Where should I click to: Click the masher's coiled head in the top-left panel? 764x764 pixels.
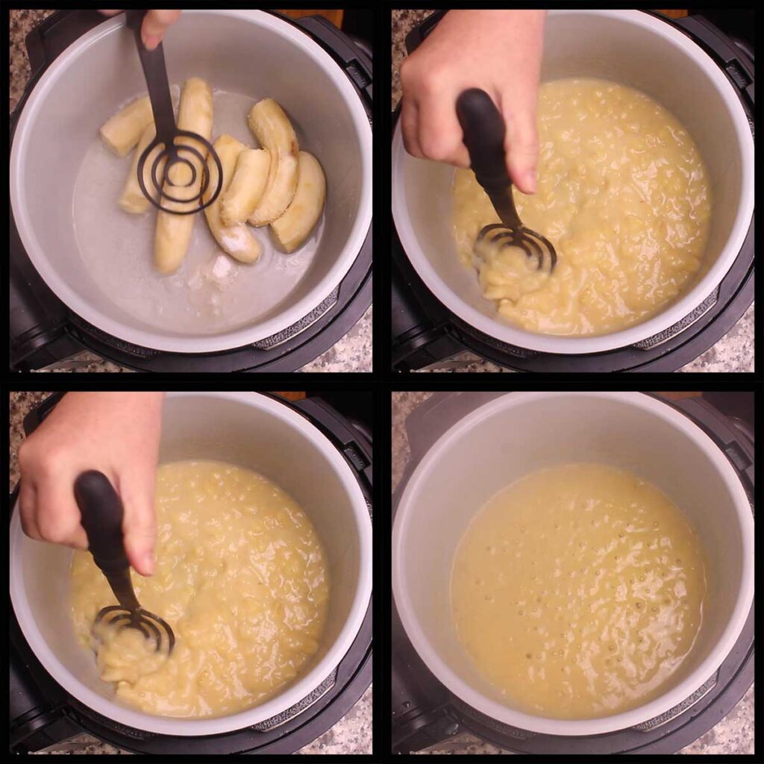point(180,172)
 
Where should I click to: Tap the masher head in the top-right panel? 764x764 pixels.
point(516,246)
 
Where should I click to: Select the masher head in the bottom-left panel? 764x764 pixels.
point(134,627)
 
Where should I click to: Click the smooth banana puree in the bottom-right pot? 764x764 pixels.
point(578,589)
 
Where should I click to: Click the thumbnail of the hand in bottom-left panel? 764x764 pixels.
point(146,563)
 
